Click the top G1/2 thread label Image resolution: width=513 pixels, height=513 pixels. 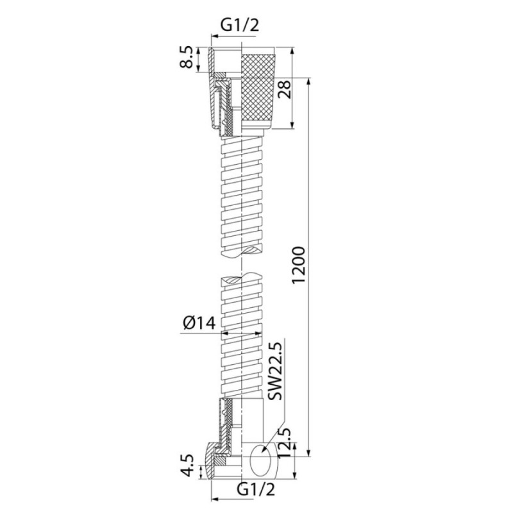coord(240,26)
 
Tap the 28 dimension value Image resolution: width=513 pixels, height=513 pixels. coord(284,89)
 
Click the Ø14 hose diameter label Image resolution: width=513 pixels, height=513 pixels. coord(199,323)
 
